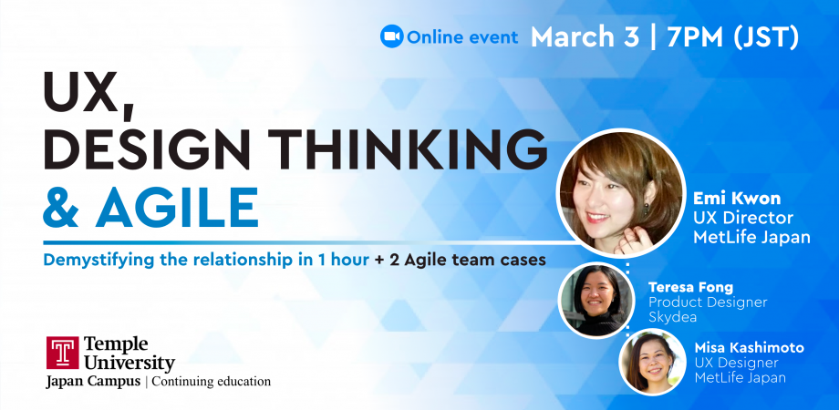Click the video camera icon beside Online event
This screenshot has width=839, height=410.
[391, 36]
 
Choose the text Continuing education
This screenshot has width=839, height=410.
[212, 382]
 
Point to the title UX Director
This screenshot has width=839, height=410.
[743, 219]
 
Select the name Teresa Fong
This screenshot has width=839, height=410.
[689, 286]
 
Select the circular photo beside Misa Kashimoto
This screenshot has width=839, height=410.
[654, 362]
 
